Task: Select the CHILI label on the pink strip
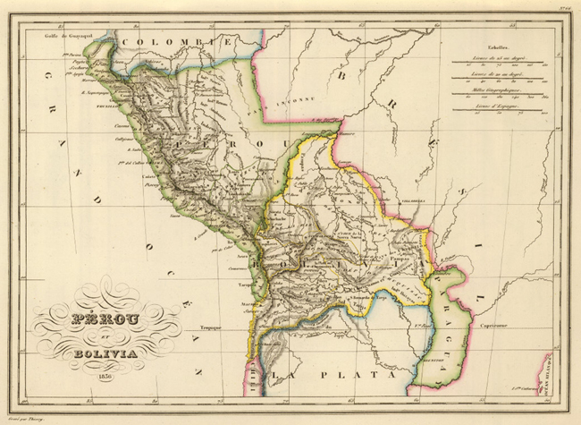coord(252,367)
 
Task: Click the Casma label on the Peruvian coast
coord(113,132)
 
